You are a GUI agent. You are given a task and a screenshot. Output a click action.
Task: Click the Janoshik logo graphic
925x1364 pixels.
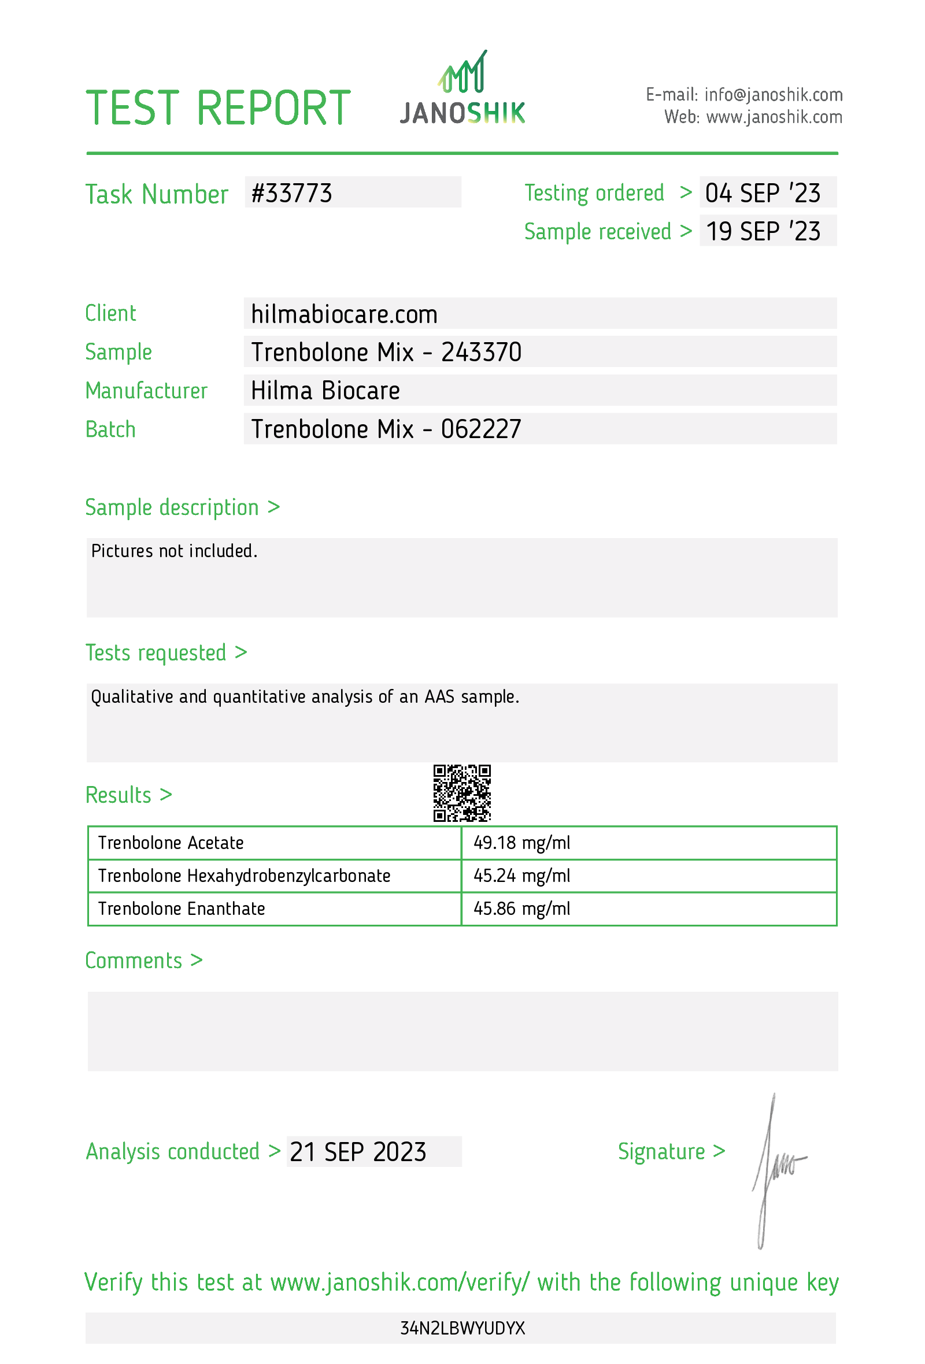pos(462,88)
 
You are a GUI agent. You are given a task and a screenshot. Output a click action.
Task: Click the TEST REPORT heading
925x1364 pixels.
pos(218,109)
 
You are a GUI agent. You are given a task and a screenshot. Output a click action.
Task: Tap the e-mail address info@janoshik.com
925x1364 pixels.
pos(773,94)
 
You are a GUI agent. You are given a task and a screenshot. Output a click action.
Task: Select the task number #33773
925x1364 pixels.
pos(292,194)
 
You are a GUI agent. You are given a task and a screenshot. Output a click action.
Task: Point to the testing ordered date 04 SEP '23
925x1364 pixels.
pos(763,193)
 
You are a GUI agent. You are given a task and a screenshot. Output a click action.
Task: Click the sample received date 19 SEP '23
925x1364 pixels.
pos(763,231)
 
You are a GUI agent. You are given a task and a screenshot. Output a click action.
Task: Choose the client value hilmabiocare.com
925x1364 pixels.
pos(344,314)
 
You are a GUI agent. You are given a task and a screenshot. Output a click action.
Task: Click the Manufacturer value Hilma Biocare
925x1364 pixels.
pos(325,391)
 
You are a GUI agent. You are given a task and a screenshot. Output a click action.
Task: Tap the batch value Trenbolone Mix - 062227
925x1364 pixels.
pos(386,429)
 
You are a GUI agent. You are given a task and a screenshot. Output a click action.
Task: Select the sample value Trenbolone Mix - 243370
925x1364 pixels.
pos(386,353)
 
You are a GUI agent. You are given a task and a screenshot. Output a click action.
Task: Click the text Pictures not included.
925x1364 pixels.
pos(175,551)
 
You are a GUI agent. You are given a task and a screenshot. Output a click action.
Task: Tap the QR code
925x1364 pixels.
pos(462,793)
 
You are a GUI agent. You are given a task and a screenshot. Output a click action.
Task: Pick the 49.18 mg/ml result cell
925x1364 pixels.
pos(521,843)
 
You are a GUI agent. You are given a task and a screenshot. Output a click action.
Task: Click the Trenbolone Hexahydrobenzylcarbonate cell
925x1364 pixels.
pos(244,876)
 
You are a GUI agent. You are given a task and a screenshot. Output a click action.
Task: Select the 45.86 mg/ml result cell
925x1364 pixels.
pos(521,909)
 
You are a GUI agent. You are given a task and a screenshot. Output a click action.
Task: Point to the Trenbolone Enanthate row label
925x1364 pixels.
pos(182,909)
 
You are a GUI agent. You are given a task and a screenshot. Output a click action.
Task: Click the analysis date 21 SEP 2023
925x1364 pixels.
pos(358,1151)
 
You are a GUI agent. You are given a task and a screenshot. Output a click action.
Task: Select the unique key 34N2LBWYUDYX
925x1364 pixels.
pos(462,1328)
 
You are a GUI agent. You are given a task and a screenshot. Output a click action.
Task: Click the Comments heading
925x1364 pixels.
pos(144,961)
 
